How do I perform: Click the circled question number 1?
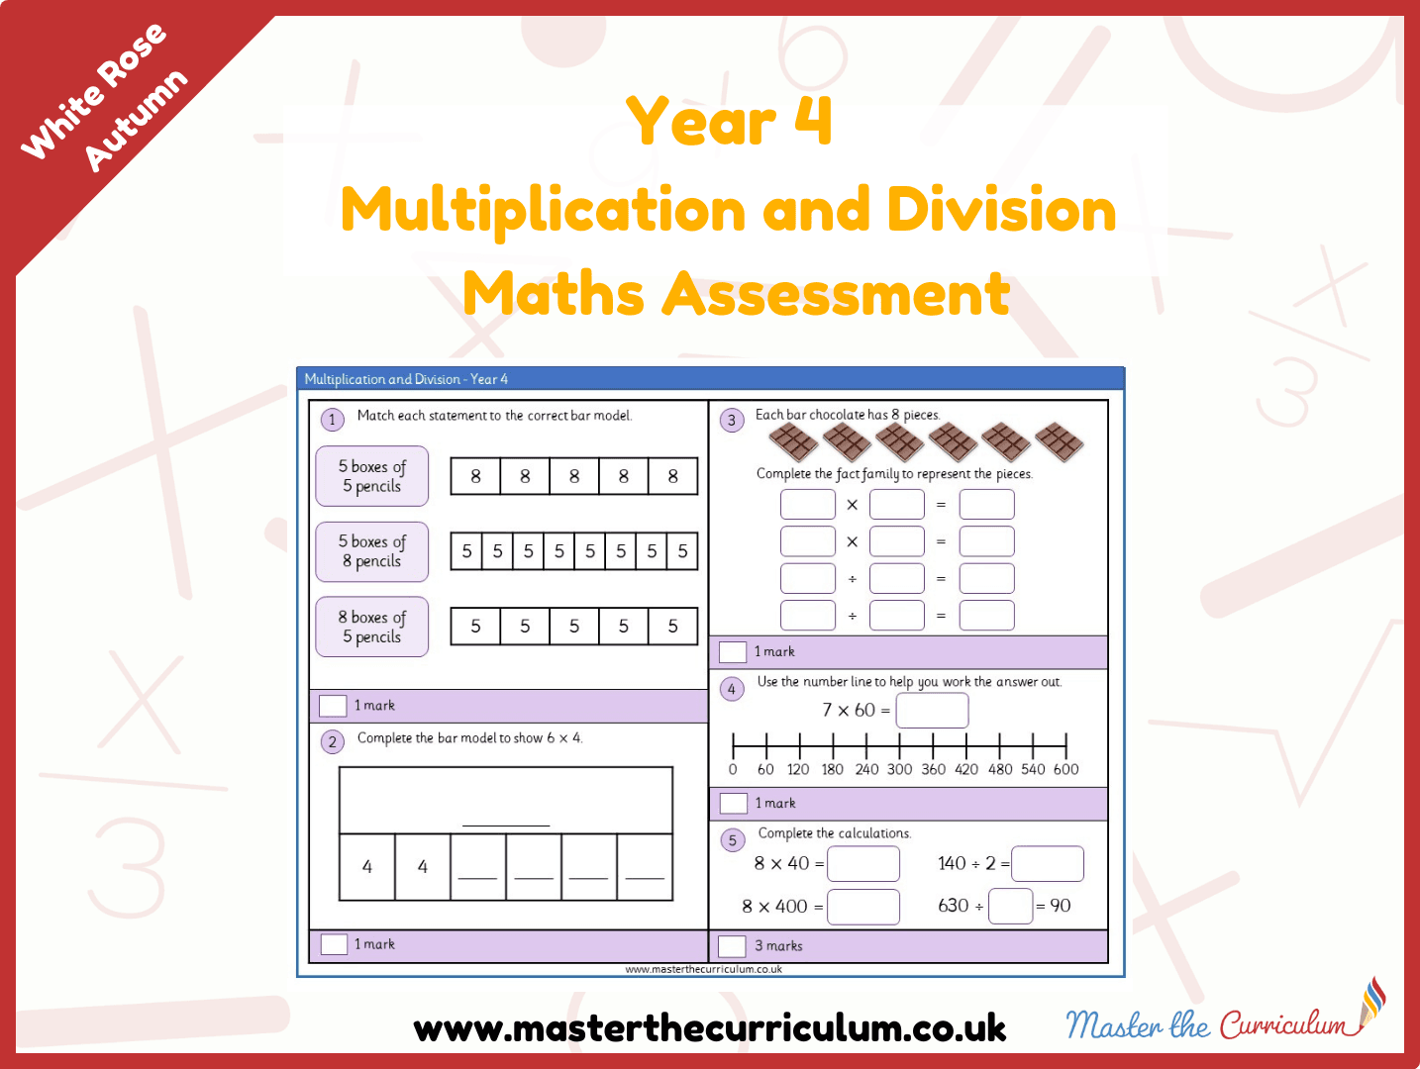333,420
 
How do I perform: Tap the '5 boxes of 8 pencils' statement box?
372,551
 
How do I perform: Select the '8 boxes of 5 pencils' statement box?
372,627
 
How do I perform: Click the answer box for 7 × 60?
932,710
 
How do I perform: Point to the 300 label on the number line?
899,769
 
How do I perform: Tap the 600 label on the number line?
1066,769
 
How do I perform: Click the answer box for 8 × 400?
863,907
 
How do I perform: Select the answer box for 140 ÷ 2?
1048,863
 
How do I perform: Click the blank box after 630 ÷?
1010,906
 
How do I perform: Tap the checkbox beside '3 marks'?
733,946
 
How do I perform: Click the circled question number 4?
732,689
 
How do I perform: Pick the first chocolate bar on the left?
793,441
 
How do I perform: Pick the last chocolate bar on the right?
1059,441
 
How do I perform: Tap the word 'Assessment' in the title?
836,294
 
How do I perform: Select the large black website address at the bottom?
710,1028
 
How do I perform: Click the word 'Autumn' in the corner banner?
137,121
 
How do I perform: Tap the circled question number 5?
733,840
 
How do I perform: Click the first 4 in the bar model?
366,866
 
